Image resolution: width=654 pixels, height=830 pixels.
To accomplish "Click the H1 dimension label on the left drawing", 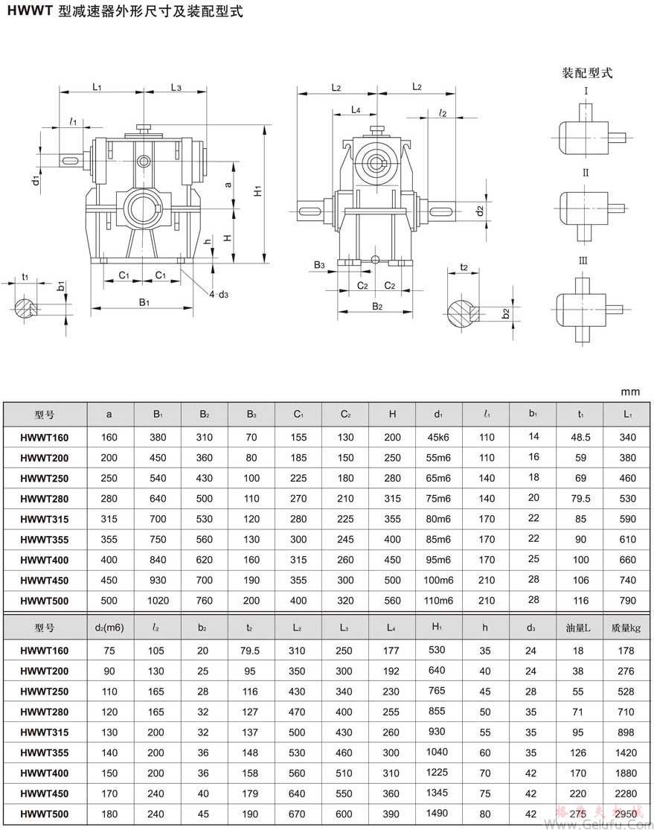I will click(258, 191).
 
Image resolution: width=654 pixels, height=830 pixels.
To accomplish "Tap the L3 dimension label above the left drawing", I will click(176, 87).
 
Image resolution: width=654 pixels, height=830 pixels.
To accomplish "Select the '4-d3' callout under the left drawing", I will click(218, 295).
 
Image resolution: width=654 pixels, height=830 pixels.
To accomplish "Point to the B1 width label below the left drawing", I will click(144, 302).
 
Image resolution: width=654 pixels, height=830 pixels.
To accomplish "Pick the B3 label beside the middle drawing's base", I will click(319, 265).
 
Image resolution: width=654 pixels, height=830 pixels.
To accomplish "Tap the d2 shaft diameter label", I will click(480, 211).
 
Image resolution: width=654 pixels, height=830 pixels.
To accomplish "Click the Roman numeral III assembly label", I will click(584, 261).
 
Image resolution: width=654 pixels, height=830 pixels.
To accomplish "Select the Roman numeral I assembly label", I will click(586, 92).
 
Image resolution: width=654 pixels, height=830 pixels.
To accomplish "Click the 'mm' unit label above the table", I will click(631, 392).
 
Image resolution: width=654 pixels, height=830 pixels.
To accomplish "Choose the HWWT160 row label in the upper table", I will click(44, 437).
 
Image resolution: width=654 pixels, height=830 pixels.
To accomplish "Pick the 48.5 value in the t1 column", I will click(580, 437).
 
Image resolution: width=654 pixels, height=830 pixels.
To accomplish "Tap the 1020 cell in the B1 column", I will click(158, 601).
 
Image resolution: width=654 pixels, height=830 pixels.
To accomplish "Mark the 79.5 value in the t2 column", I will click(250, 651).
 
